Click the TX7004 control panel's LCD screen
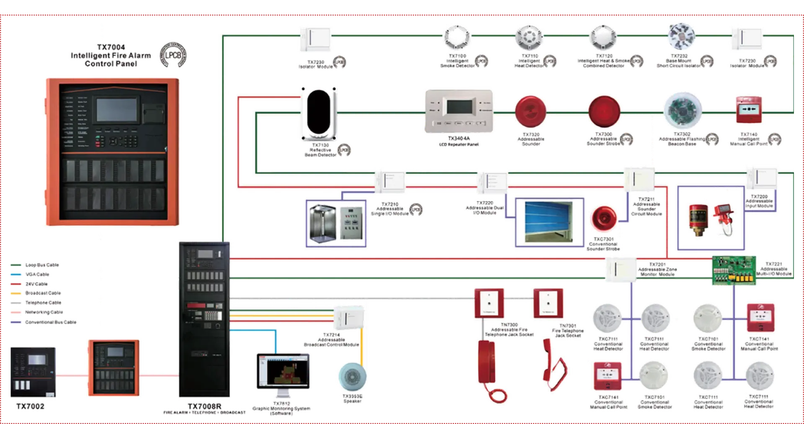(116, 109)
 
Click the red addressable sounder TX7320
(531, 111)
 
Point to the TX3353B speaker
(352, 376)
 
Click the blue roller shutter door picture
(549, 222)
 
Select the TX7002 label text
(30, 406)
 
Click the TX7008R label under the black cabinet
(204, 406)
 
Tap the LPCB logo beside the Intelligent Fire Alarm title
(174, 55)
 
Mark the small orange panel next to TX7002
(114, 367)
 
